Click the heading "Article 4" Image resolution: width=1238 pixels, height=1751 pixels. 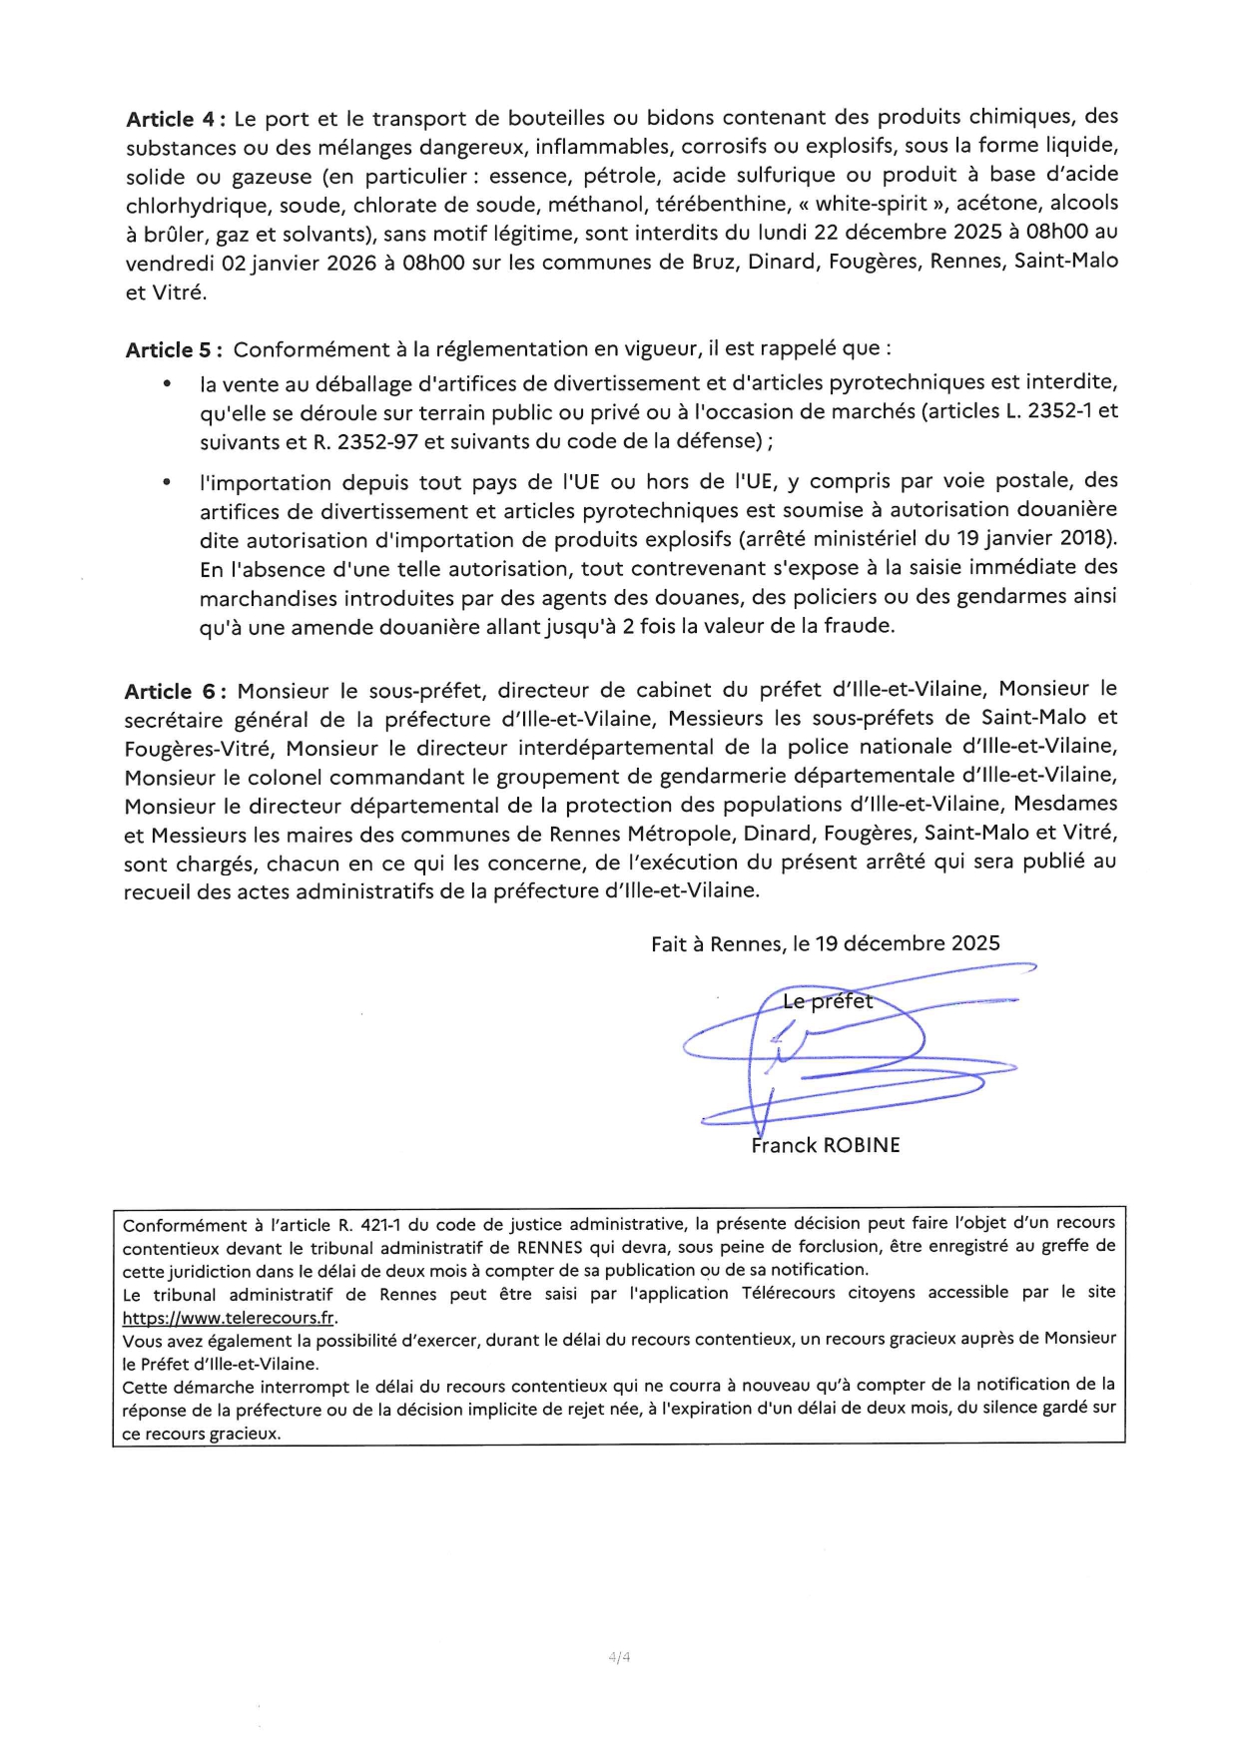click(x=170, y=119)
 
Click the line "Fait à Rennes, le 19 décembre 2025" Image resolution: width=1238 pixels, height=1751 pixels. click(x=825, y=944)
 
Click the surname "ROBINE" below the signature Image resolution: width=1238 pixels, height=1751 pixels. click(x=862, y=1146)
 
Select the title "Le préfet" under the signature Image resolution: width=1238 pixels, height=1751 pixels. click(x=827, y=1001)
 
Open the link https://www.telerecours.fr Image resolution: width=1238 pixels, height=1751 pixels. click(x=229, y=1318)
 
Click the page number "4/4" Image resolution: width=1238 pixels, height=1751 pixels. click(x=619, y=1658)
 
